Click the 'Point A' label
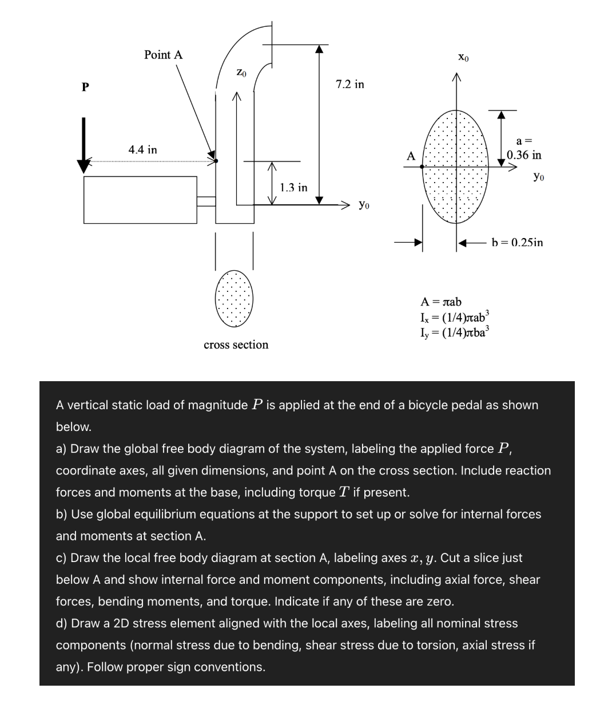coord(163,55)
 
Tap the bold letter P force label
coord(85,88)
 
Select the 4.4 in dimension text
coord(142,150)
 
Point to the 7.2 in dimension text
coord(349,85)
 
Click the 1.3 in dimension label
coord(293,188)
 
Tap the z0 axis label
coord(241,73)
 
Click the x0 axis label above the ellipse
coord(464,57)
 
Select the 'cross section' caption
coord(236,345)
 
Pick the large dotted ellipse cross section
coord(456,167)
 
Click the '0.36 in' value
coord(524,155)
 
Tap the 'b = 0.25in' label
coord(517,243)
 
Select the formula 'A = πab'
coord(441,302)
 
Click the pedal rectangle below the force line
coord(140,200)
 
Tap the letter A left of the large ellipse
coord(410,156)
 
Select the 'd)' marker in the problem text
coord(62,623)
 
